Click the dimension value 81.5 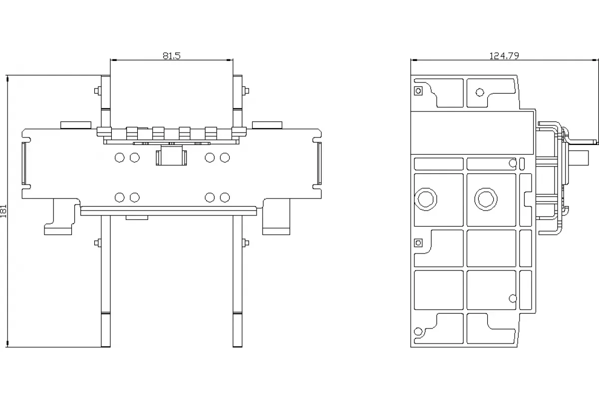pos(171,55)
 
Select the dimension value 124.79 pos(504,55)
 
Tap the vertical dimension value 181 pos(3,211)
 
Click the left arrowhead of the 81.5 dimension pos(114,60)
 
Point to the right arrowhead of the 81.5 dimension pos(230,60)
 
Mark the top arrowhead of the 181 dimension pos(7,79)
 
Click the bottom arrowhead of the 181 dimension pos(7,343)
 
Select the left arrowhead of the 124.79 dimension pos(414,60)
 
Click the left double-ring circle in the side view pos(425,199)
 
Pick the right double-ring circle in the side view pos(486,199)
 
